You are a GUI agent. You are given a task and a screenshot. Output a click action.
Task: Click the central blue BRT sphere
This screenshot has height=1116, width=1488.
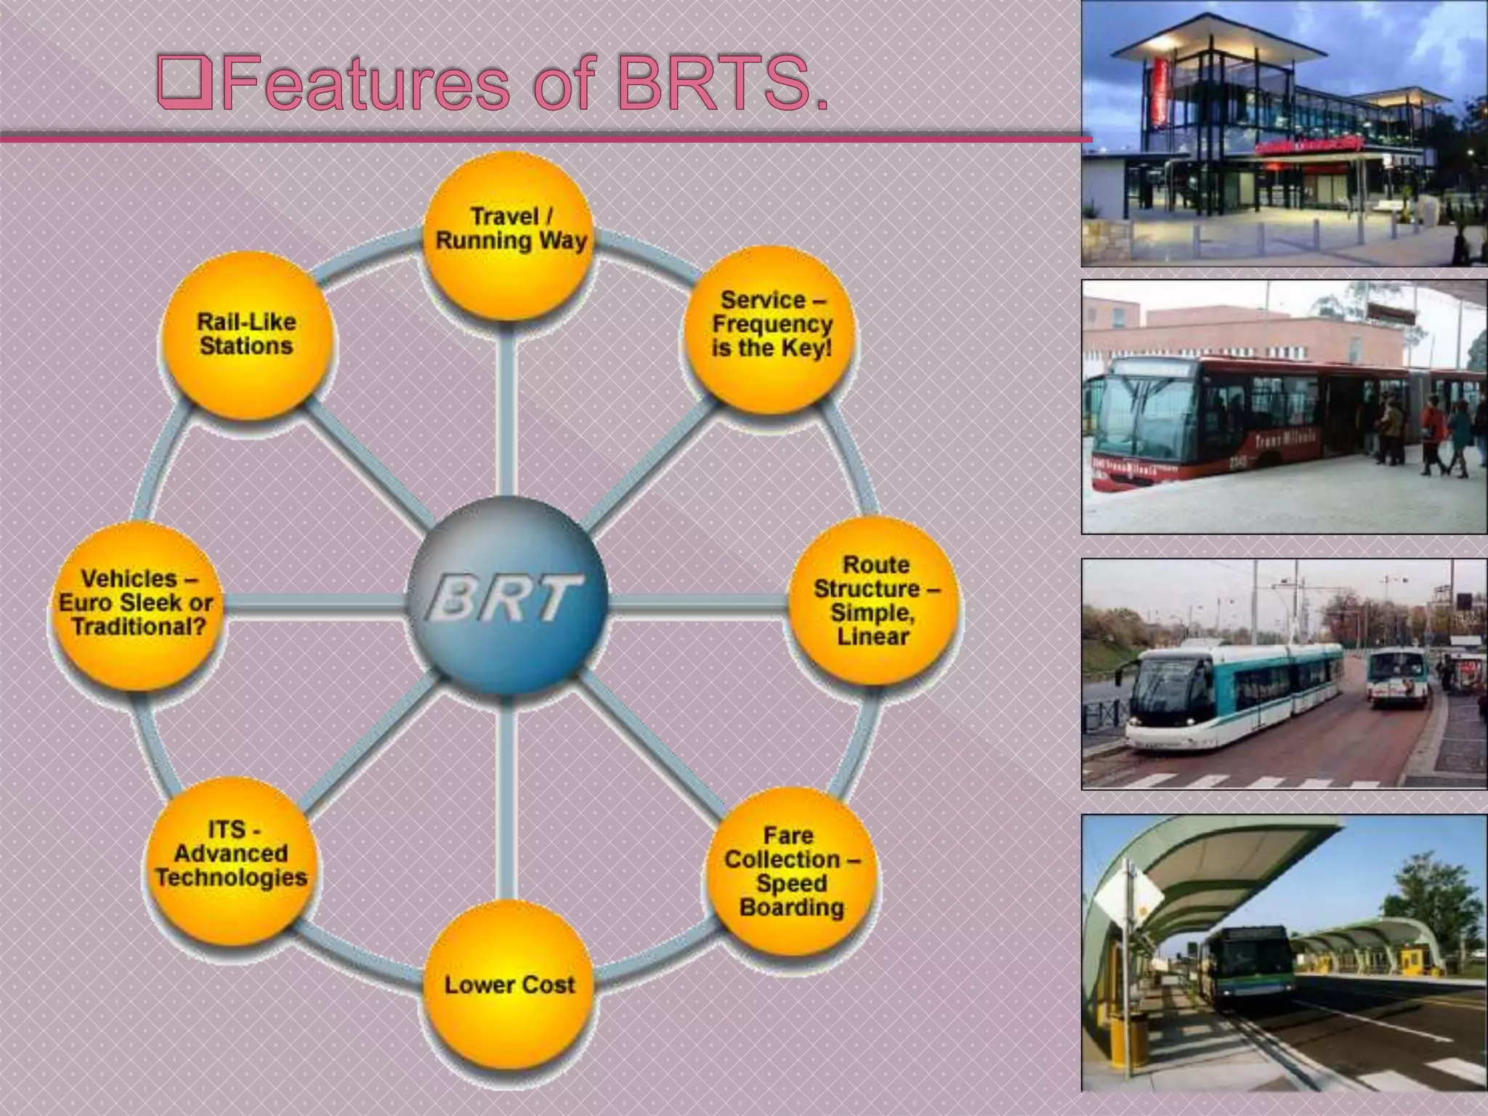[x=507, y=596]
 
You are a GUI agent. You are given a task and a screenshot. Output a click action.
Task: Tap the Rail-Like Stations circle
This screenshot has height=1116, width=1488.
[x=246, y=336]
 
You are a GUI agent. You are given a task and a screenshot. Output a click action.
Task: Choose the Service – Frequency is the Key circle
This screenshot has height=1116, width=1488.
[x=771, y=327]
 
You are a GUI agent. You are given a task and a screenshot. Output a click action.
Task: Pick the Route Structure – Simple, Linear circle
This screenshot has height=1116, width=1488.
[x=874, y=601]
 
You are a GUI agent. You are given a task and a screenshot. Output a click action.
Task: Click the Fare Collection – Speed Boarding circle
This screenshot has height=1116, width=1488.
[x=790, y=872]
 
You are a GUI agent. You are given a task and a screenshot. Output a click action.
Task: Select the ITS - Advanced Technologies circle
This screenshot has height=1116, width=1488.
[x=231, y=857]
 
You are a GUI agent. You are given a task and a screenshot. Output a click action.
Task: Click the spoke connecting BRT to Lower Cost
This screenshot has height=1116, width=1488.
[x=506, y=799]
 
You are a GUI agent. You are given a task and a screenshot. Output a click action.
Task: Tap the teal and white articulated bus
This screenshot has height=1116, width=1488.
[x=1235, y=694]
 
